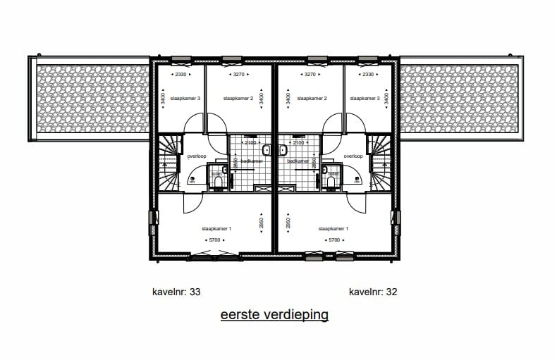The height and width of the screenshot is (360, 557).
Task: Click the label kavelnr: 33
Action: click(177, 292)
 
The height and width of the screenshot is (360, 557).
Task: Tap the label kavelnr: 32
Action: click(373, 292)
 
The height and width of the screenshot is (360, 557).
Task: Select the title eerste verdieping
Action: click(274, 315)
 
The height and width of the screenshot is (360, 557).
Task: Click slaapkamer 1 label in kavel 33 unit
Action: click(216, 229)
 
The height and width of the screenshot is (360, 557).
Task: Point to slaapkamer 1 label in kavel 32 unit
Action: click(333, 229)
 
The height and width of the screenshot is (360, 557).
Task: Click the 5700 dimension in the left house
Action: click(216, 241)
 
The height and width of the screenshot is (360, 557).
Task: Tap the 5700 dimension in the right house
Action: click(333, 241)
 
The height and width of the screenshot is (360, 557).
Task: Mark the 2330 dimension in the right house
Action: click(367, 74)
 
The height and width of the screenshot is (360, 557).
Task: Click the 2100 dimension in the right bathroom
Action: click(298, 143)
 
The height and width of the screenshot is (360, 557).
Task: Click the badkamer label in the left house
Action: click(251, 161)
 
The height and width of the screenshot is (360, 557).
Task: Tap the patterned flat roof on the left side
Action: click(90, 98)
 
